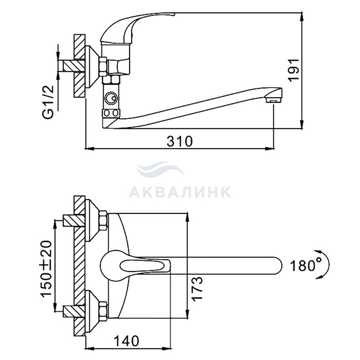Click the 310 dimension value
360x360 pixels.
(x=179, y=141)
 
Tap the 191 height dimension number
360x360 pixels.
(x=294, y=70)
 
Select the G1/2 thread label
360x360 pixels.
(x=48, y=102)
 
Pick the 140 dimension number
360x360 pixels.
(x=127, y=340)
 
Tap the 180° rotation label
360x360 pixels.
(x=304, y=266)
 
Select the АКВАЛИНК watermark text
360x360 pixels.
(x=180, y=192)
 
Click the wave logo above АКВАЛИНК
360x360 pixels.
(x=160, y=169)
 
